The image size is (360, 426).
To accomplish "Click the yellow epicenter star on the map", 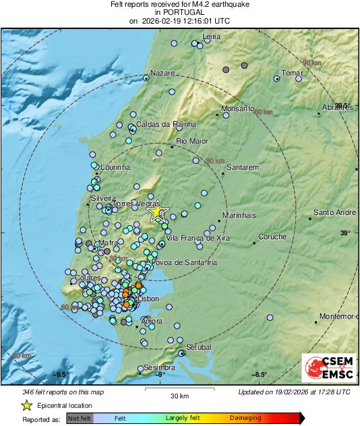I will click(x=156, y=212).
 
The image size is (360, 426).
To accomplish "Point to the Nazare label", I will click(x=162, y=72).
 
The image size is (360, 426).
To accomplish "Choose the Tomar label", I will click(x=292, y=73).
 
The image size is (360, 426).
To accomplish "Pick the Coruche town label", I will click(x=272, y=237).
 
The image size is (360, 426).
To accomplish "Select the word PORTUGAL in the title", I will click(x=180, y=13).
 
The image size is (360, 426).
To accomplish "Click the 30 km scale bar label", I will click(x=179, y=395).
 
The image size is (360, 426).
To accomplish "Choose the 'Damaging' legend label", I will click(x=245, y=419).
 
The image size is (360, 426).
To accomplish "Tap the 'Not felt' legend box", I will click(x=79, y=419).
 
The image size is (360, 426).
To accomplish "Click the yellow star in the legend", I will click(x=26, y=406).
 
